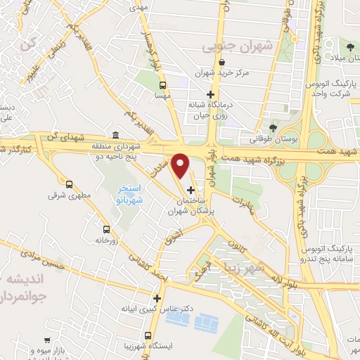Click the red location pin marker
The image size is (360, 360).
coord(181,165)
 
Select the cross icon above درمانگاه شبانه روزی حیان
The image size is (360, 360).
coord(209,95)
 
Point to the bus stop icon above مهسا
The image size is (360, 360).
coord(163,85)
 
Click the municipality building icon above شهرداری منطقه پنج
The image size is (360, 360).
coord(115,135)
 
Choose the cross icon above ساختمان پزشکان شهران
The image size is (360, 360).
coord(191,189)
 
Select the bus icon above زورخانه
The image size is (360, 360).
coord(106,229)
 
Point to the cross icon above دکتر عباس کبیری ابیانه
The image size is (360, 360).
coord(157,298)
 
